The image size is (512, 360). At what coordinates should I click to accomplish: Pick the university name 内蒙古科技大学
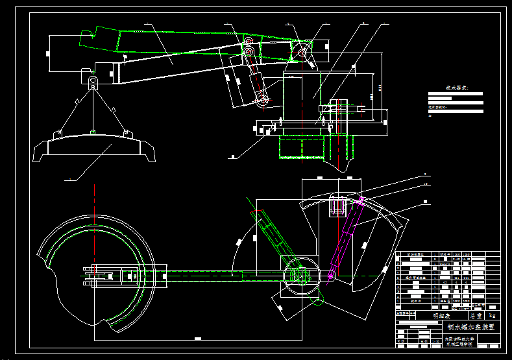click(460, 338)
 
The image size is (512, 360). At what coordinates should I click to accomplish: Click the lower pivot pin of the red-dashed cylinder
click(263, 99)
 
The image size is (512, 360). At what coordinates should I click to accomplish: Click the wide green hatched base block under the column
click(301, 147)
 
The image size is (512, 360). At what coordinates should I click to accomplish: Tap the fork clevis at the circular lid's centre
click(97, 276)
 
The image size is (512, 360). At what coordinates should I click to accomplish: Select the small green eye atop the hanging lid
click(93, 133)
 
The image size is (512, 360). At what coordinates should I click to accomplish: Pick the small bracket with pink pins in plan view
click(337, 206)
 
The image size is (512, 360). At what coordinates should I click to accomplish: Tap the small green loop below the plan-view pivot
click(319, 300)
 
